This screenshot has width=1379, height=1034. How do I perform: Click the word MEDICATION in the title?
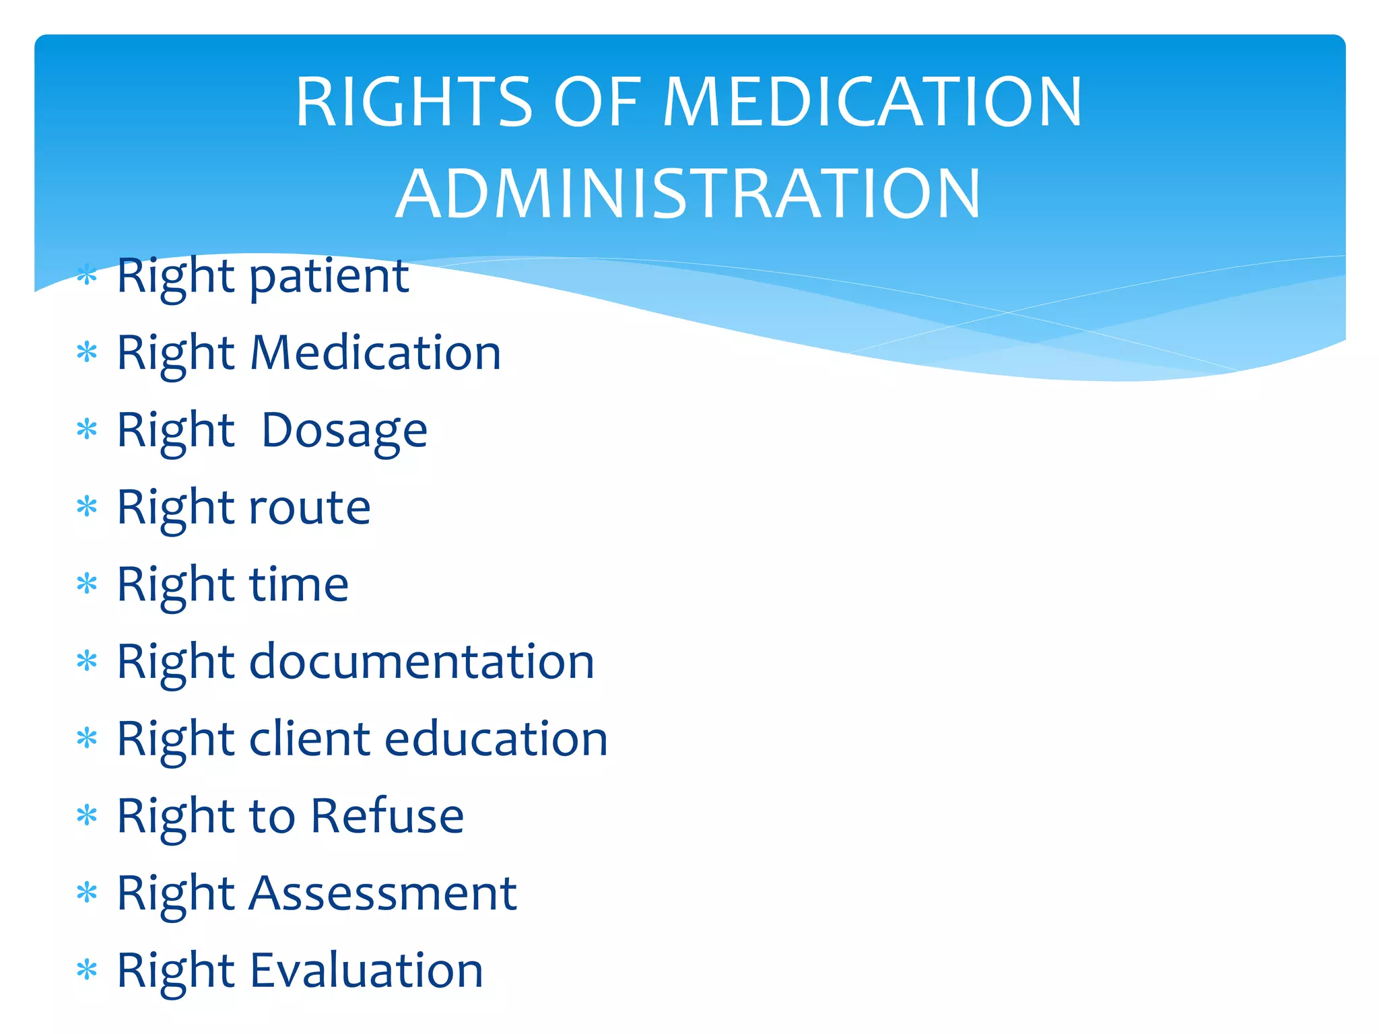(x=873, y=102)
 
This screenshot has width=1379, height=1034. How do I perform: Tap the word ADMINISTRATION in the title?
(x=688, y=195)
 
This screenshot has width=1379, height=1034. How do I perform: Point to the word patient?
(x=329, y=277)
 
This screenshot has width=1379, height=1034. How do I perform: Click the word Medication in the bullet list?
(x=375, y=353)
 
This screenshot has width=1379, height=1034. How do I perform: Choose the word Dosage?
(x=344, y=431)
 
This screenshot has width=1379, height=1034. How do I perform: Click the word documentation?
(x=422, y=662)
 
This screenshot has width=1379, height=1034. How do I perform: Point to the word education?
(x=496, y=739)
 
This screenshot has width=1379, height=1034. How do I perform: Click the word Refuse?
(x=387, y=816)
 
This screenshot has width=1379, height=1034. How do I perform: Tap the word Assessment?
(x=383, y=893)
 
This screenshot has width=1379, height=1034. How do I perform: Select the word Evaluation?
(x=367, y=971)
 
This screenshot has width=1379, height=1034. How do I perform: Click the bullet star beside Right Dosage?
(x=87, y=429)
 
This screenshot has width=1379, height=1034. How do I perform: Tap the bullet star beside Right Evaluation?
(x=87, y=971)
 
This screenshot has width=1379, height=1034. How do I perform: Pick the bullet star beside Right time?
(x=87, y=584)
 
